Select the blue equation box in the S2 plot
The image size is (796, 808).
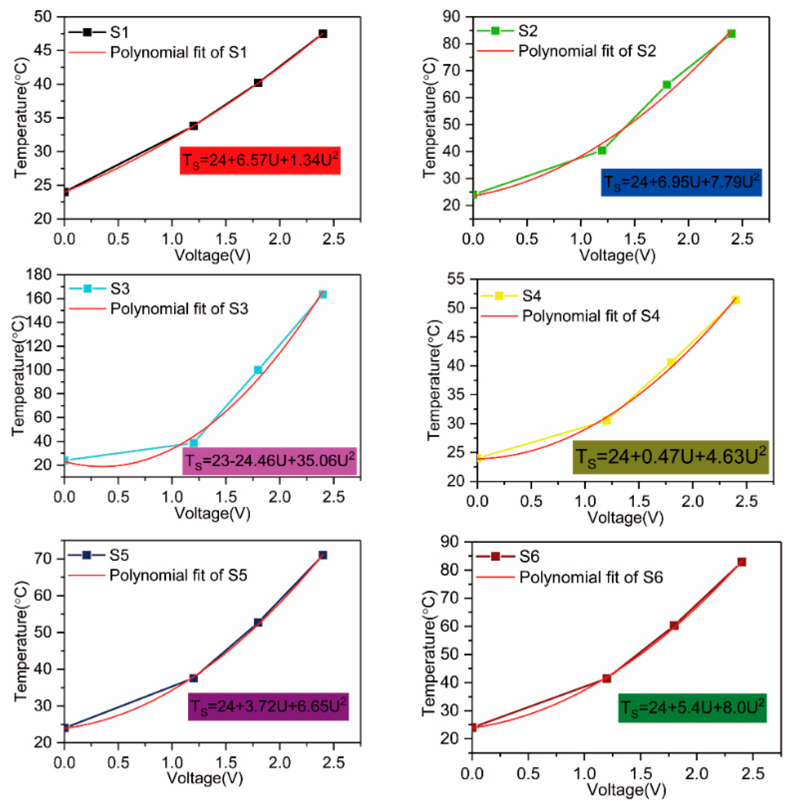tap(681, 182)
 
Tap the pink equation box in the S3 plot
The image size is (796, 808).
tap(269, 461)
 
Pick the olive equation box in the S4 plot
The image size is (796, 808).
tap(670, 457)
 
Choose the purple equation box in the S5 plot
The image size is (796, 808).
tap(268, 707)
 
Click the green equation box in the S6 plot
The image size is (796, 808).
tap(692, 708)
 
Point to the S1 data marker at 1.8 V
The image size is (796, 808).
tap(258, 83)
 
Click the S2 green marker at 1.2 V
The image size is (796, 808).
tap(602, 150)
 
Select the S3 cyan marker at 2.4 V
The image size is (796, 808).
tap(322, 294)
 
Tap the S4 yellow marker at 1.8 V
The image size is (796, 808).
tap(671, 362)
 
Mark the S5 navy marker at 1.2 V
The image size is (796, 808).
tap(194, 678)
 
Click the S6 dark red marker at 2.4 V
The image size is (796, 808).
tap(741, 562)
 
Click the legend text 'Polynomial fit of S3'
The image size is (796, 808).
tap(179, 309)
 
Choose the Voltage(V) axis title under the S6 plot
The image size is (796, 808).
tap(626, 789)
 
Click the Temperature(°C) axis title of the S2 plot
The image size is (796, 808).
tap(429, 118)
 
